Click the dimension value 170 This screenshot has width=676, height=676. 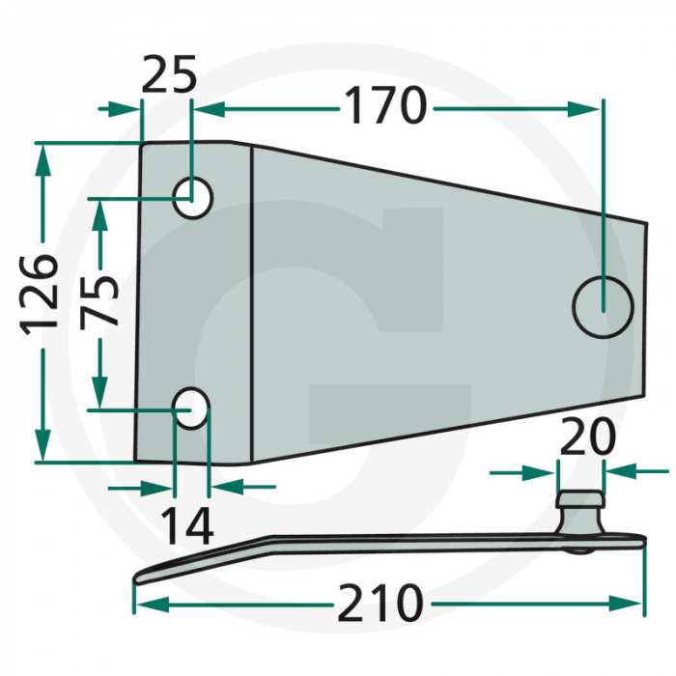tap(385, 106)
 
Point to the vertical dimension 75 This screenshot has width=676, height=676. tap(99, 301)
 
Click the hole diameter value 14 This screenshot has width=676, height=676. tap(186, 526)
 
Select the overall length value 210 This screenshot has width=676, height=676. tap(380, 605)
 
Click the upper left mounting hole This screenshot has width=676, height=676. tap(192, 197)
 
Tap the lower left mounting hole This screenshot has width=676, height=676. tap(192, 408)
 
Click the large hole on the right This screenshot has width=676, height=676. tap(603, 306)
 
